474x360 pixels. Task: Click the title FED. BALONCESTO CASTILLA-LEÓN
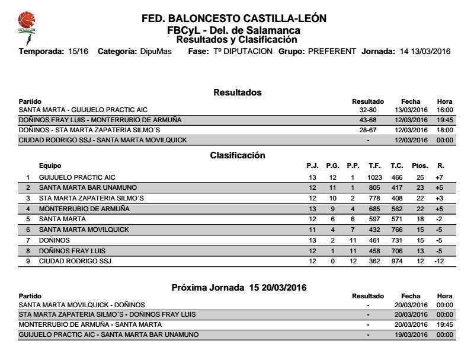click(234, 18)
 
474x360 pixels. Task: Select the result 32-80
click(368, 110)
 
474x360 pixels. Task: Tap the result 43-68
click(368, 120)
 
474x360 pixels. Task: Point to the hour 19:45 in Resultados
click(444, 120)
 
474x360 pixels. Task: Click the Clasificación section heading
click(238, 155)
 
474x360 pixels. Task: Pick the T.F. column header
click(373, 166)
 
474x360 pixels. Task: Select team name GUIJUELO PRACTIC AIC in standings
click(77, 177)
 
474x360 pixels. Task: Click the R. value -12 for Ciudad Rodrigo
click(439, 261)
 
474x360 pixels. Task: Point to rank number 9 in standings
click(28, 261)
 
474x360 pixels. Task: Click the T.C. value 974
click(396, 261)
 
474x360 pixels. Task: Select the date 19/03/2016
click(411, 334)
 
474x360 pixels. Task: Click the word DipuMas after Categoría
click(156, 52)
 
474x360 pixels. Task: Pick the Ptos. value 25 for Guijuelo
click(420, 177)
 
